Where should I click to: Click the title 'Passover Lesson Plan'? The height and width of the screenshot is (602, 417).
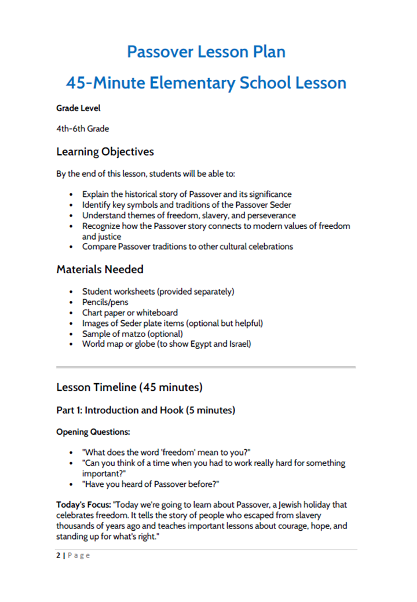point(206,52)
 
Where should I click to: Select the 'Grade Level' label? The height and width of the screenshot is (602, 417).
point(78,108)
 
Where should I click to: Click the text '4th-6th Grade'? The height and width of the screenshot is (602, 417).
point(82,129)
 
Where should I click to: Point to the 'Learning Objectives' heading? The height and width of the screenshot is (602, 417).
point(105,152)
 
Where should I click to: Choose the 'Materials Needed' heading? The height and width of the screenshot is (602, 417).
point(100,269)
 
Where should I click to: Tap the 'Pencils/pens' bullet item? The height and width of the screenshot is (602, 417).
point(105,302)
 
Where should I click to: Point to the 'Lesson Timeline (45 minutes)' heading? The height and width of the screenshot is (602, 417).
point(129,387)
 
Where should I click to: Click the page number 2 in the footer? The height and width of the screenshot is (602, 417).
point(58,556)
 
